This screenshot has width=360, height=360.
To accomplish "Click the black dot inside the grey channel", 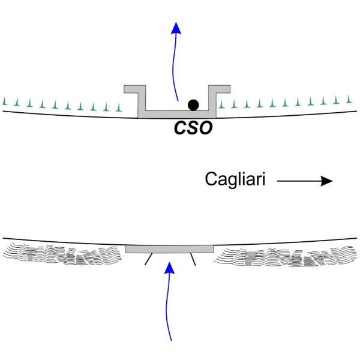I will [x=193, y=105].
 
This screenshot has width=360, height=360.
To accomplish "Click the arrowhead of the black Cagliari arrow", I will [x=327, y=180].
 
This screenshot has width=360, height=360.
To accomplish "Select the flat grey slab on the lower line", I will [x=170, y=248].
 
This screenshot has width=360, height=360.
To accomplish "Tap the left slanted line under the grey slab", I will [x=147, y=259].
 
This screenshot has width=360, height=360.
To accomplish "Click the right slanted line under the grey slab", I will [x=193, y=259].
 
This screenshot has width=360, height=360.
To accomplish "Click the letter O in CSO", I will [x=205, y=128].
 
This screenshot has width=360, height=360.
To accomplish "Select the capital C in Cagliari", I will [x=211, y=179].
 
